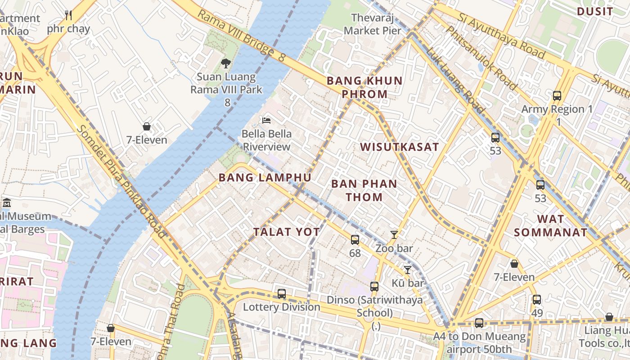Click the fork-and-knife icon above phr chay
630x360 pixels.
pos(68,15)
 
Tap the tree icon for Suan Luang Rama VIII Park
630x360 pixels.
pos(226,63)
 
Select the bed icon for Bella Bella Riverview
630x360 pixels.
pos(266,121)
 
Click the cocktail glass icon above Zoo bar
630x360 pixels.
pos(394,234)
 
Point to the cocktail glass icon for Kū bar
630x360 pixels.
pos(408,270)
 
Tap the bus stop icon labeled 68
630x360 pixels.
pos(355,239)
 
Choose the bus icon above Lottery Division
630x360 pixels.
pos(282,293)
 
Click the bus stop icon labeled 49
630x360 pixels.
pos(537,299)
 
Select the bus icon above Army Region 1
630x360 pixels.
pos(557,95)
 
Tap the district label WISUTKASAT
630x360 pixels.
pos(399,147)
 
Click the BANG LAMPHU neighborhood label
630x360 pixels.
pos(265,178)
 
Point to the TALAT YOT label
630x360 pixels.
pos(286,232)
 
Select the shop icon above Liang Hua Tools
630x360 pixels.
pos(609,317)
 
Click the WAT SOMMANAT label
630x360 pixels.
pos(551,226)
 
